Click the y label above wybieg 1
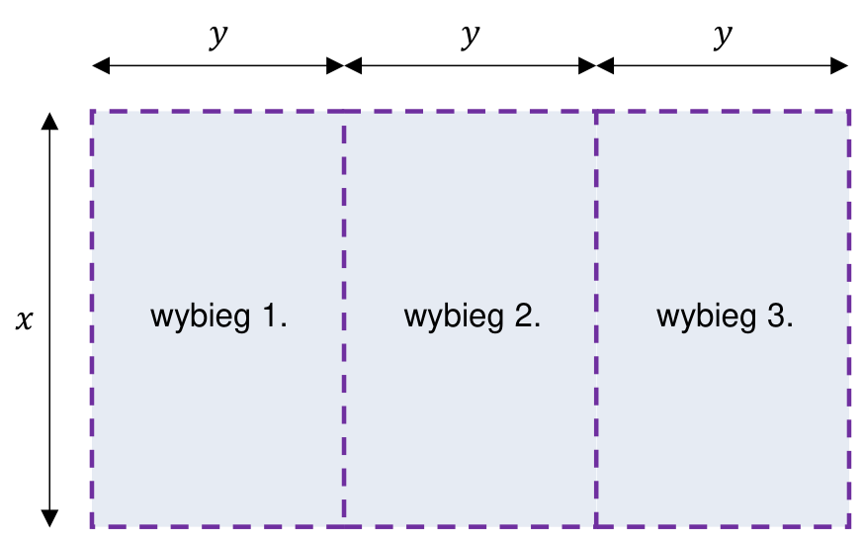pos(218,37)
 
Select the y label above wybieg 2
pos(470,37)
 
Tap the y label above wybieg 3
pos(723,37)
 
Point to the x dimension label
pos(25,319)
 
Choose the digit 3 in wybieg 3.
pos(776,316)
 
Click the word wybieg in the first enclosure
pos(200,317)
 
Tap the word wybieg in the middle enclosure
pos(454,317)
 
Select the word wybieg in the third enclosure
pos(707,317)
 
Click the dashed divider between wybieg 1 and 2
pos(344,319)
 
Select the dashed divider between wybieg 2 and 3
pos(596,319)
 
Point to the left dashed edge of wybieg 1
pos(92,319)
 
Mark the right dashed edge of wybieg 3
pos(848,319)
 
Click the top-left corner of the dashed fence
pos(92,112)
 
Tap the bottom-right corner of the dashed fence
pos(848,526)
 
